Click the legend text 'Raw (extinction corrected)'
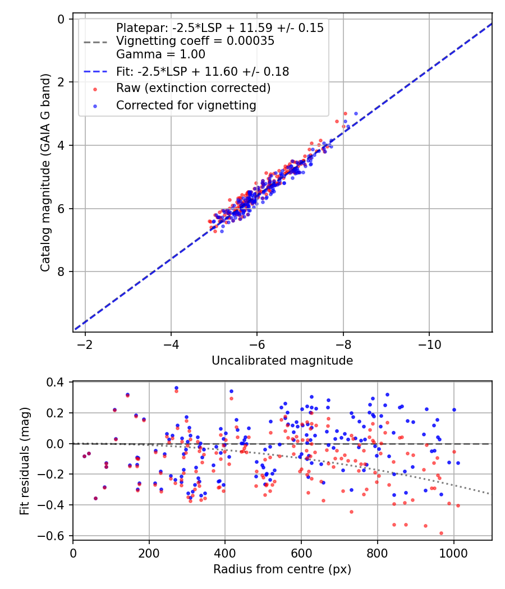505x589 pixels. [x=193, y=88]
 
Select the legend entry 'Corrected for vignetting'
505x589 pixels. [x=186, y=105]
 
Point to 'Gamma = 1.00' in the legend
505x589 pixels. [x=160, y=54]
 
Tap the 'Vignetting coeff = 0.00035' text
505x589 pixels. [x=195, y=41]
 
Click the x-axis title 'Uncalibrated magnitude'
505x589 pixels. [x=282, y=361]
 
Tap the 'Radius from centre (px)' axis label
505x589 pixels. [x=282, y=569]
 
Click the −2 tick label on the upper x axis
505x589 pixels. [x=85, y=343]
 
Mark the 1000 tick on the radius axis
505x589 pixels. [x=453, y=552]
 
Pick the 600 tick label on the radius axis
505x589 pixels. [x=301, y=552]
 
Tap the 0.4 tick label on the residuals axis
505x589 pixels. [x=58, y=383]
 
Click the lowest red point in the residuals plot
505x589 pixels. [x=441, y=533]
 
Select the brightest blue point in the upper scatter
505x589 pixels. [x=356, y=114]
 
